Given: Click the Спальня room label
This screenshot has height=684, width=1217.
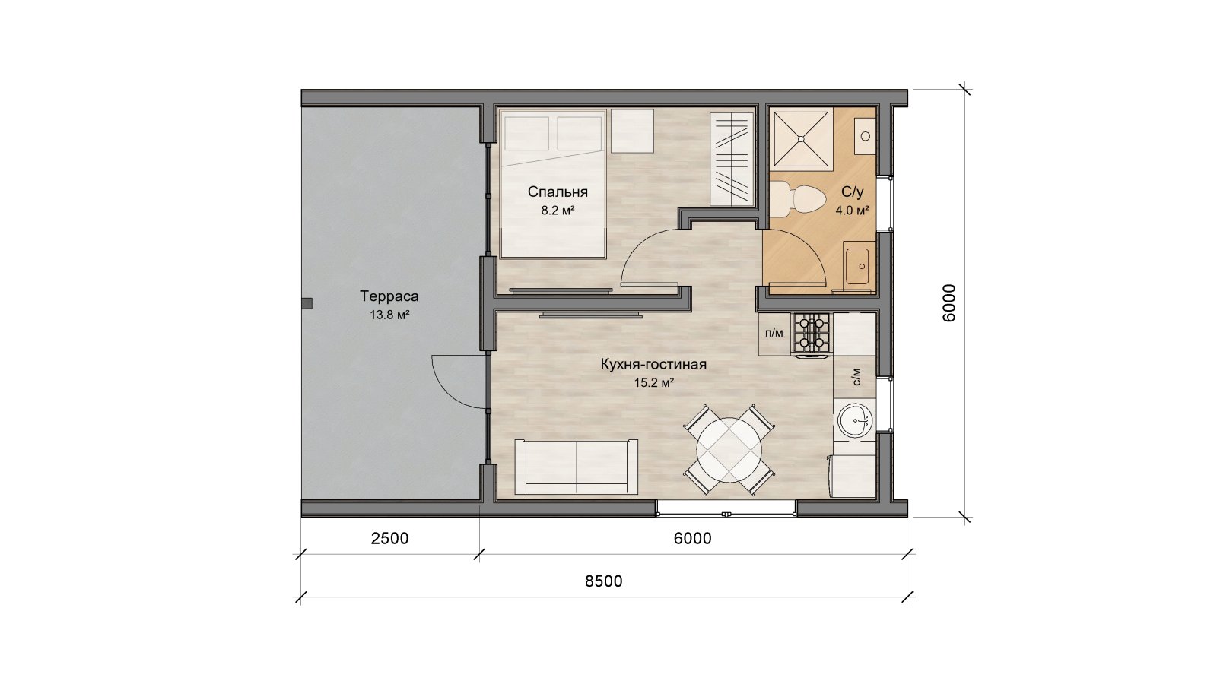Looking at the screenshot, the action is coord(558,192).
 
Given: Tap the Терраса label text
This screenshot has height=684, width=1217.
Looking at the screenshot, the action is coord(389,296).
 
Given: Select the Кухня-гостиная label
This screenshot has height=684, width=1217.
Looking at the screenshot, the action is coord(653,364).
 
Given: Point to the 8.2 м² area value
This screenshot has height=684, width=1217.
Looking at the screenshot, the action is coord(558,211).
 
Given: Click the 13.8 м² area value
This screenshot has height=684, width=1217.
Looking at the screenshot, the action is coord(389,315).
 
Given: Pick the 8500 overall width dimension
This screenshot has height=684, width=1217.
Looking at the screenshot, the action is coord(604,581).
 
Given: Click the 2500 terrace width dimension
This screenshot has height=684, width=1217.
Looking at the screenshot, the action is coord(389,539).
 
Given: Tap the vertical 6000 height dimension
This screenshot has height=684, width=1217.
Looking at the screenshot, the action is coord(948,303).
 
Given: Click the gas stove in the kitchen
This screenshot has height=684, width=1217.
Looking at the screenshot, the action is coord(812,335).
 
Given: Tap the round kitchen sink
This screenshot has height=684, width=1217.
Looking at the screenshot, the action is coord(856,420).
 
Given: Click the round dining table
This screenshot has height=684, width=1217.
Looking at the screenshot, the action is coord(729,449).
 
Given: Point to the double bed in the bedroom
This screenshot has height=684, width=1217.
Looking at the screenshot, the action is coord(553,183).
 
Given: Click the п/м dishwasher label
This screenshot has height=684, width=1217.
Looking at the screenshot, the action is coord(774,333).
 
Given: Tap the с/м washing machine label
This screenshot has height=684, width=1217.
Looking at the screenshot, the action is coord(856,376).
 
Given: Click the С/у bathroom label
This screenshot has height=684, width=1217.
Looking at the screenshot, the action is coord(852,192).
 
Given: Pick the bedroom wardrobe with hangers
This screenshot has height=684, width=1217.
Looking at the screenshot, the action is coord(732,159).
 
